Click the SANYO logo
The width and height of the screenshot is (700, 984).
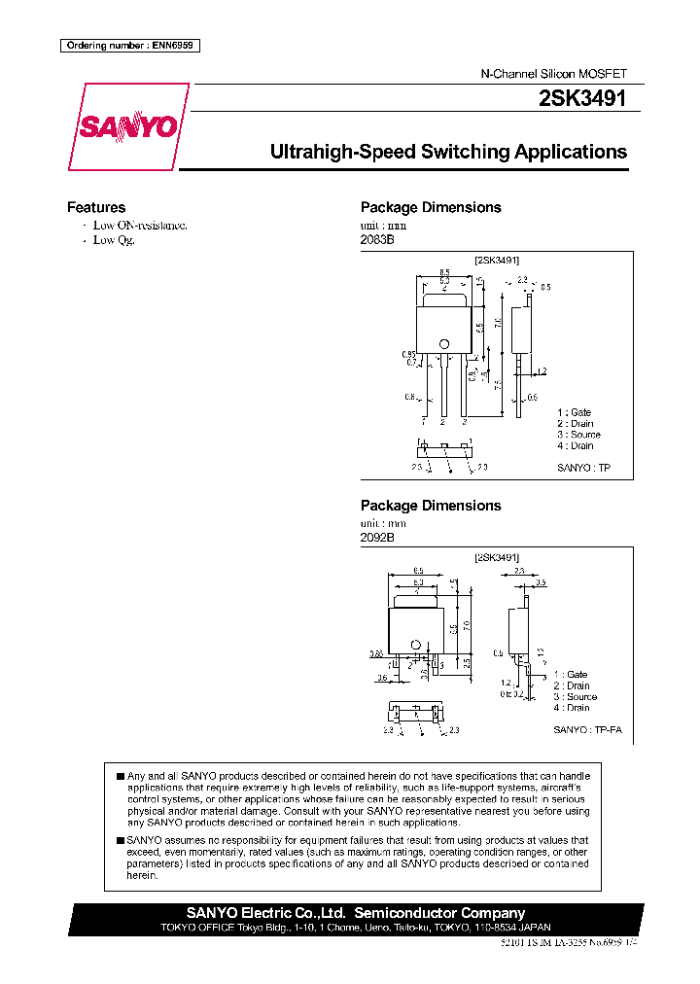(127, 126)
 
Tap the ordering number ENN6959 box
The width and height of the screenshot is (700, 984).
(129, 45)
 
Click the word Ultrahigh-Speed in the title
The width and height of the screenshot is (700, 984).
(340, 153)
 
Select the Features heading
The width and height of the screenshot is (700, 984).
(96, 207)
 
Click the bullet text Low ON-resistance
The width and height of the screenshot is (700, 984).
(140, 225)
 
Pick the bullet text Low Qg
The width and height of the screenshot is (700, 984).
(114, 239)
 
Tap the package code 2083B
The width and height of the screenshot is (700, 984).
(377, 239)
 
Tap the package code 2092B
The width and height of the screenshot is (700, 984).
(377, 538)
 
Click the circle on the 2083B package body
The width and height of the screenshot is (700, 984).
(444, 342)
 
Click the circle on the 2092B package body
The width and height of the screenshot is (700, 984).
(415, 644)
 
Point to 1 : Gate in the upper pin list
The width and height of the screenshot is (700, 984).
(575, 413)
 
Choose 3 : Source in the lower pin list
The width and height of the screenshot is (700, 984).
(576, 697)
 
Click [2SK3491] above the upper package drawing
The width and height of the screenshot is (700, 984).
(497, 260)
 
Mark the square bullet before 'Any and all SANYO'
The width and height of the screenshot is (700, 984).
(120, 776)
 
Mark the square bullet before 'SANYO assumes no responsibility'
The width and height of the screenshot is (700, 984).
(120, 840)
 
